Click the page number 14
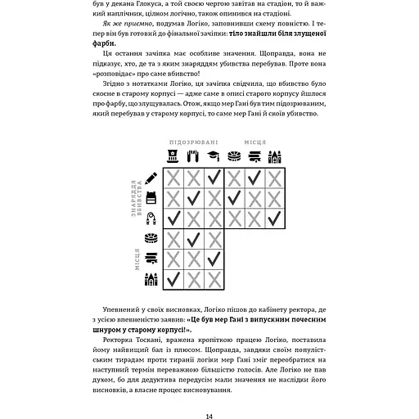coord(209,394)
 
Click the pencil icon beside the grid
coord(151,178)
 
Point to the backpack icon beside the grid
coord(151,198)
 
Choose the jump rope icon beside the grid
coord(151,219)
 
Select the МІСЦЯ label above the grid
coord(255,142)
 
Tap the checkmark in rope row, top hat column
coord(173,219)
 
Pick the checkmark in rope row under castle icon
coord(275,219)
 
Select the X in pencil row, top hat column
coord(173,178)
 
